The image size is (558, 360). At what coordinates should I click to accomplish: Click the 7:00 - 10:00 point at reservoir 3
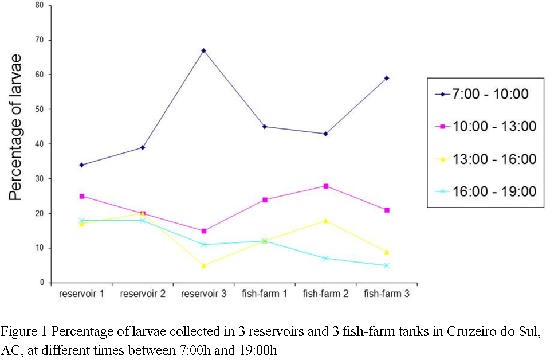(x=203, y=50)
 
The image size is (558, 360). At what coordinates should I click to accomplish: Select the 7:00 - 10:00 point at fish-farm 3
(x=387, y=78)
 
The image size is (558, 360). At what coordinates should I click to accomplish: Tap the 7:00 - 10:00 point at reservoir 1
(x=81, y=165)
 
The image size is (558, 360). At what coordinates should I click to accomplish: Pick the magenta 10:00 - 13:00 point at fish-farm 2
(x=325, y=186)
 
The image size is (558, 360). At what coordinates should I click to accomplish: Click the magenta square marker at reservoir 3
(x=203, y=231)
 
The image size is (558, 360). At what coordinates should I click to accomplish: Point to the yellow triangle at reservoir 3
(x=203, y=265)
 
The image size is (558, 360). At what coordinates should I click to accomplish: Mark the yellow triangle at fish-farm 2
(x=325, y=220)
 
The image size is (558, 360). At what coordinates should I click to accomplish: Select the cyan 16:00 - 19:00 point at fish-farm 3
(x=387, y=265)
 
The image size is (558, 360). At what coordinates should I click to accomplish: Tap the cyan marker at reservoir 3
(x=203, y=245)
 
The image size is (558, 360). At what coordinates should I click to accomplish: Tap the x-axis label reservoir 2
(x=142, y=294)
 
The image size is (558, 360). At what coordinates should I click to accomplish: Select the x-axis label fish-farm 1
(x=264, y=294)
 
